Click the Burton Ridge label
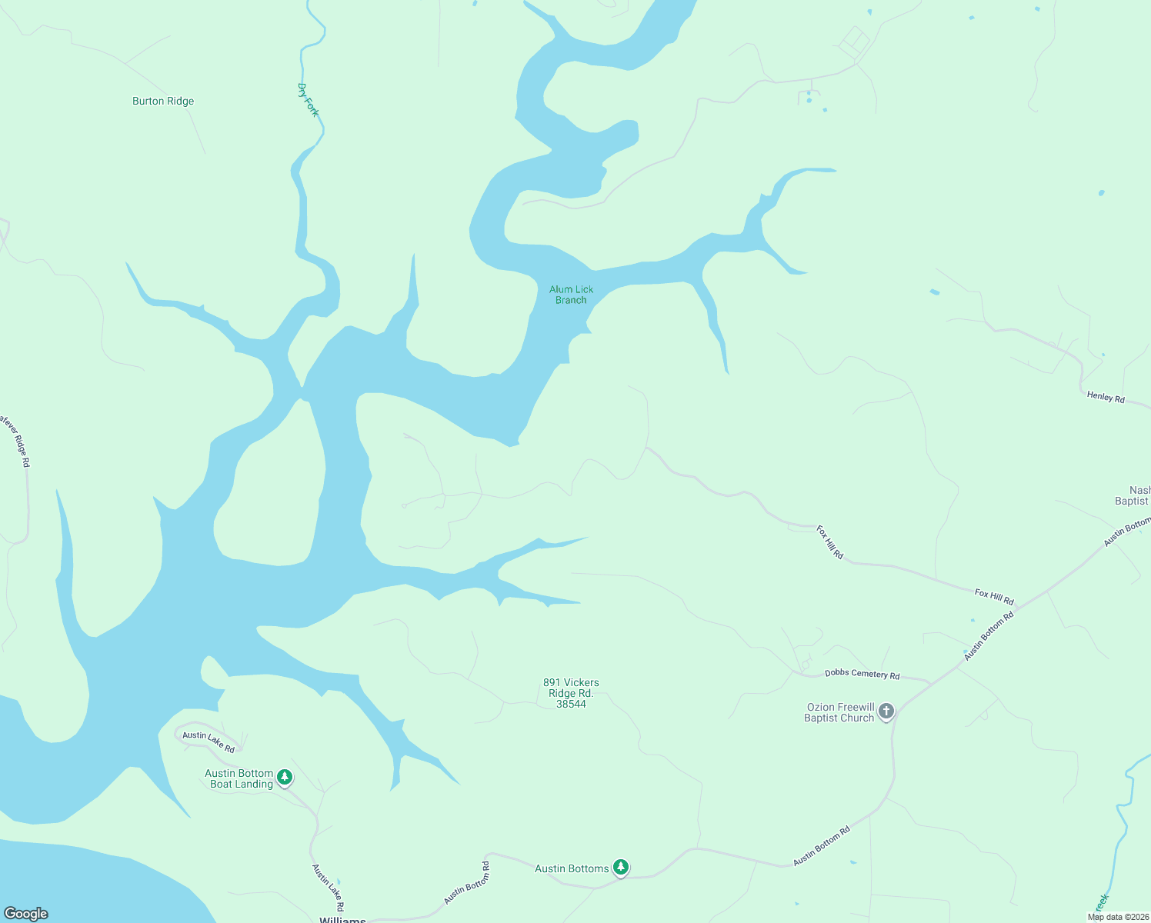coord(163,101)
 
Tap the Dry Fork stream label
coord(308,100)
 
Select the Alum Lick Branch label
coord(571,295)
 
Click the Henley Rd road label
coord(1106,397)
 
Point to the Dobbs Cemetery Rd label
coord(862,674)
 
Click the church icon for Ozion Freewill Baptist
coord(886,711)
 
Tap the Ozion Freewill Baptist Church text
coord(839,712)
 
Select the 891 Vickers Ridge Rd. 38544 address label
coord(571,693)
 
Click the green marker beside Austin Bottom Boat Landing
coord(285,778)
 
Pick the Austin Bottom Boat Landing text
coord(239,778)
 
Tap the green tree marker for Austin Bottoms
coord(621,868)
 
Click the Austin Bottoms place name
coord(572,868)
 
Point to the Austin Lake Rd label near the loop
coord(209,741)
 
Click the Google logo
coord(26,914)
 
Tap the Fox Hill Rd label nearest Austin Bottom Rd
coord(994,596)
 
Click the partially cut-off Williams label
coord(342,919)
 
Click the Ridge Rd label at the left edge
coord(15,440)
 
